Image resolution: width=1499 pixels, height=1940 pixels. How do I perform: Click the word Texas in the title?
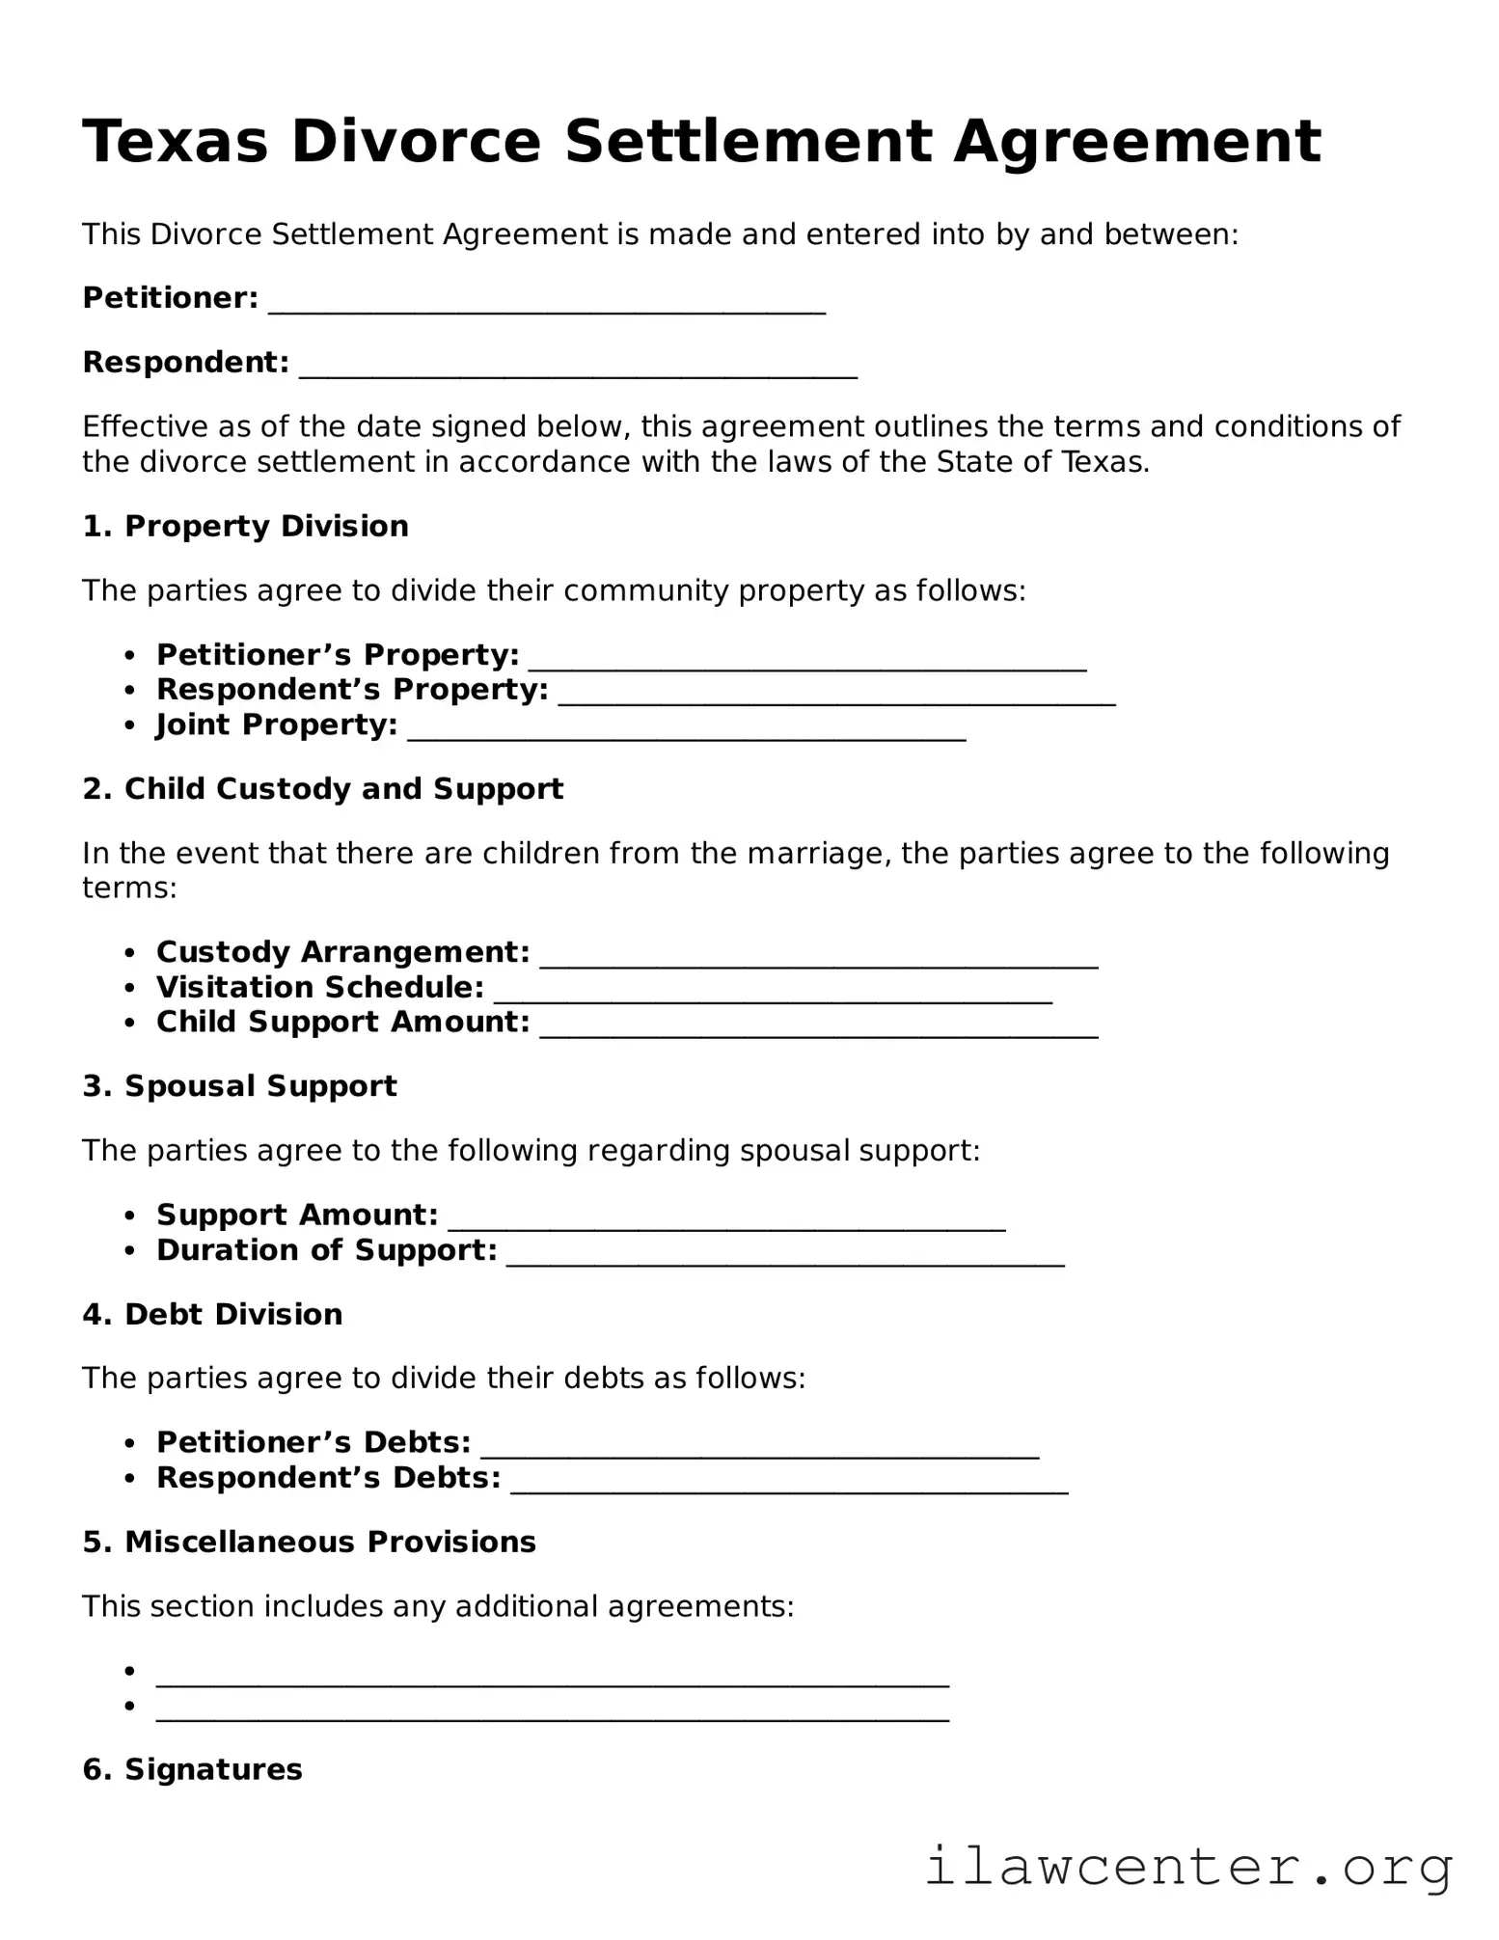(175, 142)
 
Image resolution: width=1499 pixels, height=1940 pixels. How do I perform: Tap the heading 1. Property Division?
(245, 527)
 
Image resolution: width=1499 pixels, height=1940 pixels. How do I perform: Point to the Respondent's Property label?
(352, 691)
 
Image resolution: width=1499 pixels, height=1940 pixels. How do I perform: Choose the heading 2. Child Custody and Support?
(322, 789)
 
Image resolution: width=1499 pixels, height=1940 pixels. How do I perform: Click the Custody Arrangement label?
(342, 953)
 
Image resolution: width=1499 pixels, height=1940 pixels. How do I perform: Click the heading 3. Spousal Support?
(239, 1086)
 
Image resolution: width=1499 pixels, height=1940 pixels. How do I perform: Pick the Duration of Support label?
(326, 1251)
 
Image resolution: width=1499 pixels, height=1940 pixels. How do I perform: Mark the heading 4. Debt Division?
(212, 1315)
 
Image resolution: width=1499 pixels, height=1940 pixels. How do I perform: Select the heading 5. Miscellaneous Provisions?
(309, 1543)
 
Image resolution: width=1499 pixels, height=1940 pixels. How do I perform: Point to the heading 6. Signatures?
(192, 1770)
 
